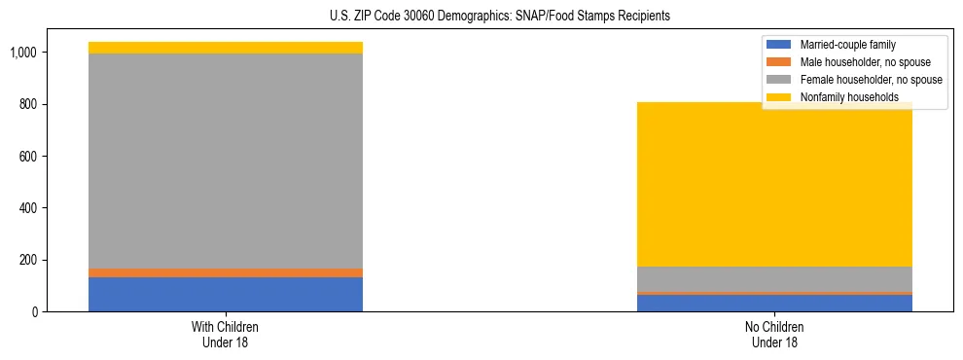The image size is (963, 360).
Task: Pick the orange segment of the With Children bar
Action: pos(226,272)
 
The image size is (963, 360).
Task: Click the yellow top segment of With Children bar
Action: pos(226,48)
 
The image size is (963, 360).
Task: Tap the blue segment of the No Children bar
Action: pos(774,303)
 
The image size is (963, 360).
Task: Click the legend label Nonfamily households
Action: pos(842,97)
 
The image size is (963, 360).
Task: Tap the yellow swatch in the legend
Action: pos(779,97)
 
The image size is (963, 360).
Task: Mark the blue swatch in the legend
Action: pos(779,45)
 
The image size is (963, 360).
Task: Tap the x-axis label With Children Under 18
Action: pos(226,334)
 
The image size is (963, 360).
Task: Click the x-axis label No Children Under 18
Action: pos(774,334)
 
